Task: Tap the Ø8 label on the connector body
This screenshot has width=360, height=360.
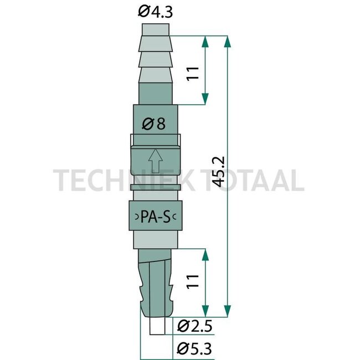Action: (155, 125)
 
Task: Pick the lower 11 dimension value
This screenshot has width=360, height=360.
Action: (192, 280)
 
